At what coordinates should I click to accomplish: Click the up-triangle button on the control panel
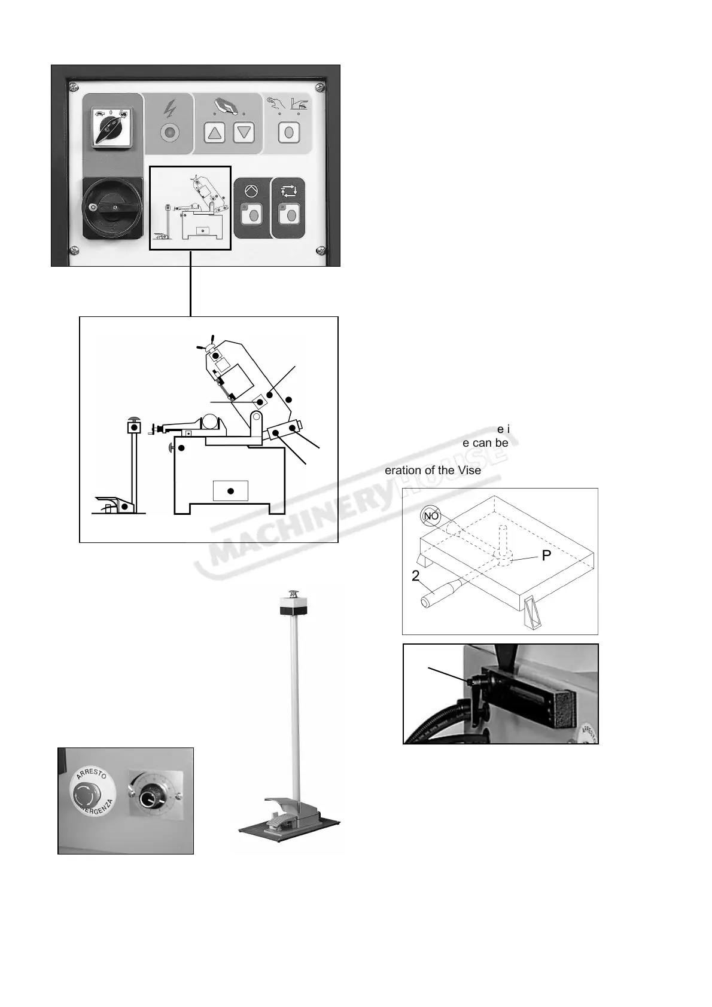coord(214,132)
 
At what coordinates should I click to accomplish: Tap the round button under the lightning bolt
coord(169,132)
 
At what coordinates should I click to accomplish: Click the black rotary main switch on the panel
coord(112,207)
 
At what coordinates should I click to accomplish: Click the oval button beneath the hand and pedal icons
coord(289,132)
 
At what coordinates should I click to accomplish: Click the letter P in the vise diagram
coord(546,556)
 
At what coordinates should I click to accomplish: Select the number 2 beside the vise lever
coord(415,576)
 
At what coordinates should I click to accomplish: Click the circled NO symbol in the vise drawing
coord(431,515)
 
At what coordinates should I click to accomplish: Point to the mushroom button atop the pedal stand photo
coord(294,594)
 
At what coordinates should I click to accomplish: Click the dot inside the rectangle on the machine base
coord(230,492)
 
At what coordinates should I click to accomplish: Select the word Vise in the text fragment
coord(469,471)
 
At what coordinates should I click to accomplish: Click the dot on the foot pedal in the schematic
coord(124,507)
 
